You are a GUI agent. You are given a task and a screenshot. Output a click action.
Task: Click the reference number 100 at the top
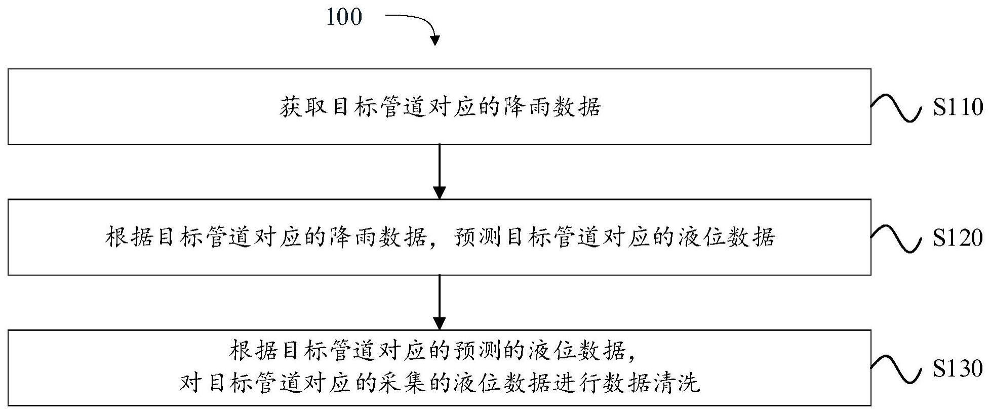pos(344,17)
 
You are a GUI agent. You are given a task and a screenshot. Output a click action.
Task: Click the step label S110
pos(958,107)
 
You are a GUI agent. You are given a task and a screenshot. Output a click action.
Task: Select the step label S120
pos(958,237)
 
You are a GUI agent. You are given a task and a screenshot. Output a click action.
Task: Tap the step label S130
pos(958,368)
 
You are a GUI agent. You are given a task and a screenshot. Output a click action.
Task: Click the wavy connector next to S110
pos(896,107)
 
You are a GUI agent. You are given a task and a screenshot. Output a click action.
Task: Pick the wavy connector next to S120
pos(896,238)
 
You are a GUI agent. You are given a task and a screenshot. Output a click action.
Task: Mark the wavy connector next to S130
pos(896,369)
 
